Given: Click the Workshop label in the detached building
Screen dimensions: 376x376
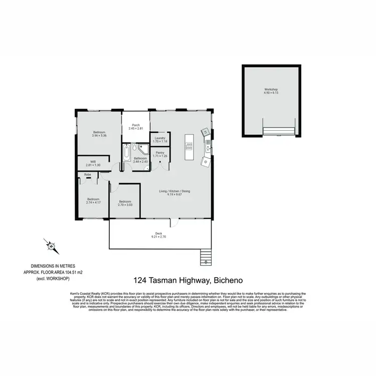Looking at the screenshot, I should tap(271, 90).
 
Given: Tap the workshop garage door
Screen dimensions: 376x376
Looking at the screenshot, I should tap(279, 131).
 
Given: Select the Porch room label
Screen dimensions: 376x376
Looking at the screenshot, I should tap(135, 125).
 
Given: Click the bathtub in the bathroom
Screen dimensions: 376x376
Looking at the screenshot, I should tap(126, 152).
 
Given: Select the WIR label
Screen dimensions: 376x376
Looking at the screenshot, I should tap(93, 161).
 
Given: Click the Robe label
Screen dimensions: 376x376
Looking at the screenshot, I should tap(87, 174).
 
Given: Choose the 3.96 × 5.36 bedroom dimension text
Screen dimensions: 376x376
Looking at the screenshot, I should tap(99, 135).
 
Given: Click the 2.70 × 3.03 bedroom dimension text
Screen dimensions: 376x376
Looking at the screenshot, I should tap(125, 205).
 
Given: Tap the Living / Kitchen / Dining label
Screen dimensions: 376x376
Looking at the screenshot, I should tap(174, 191).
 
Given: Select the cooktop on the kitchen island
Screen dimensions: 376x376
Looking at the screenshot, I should tap(189, 146).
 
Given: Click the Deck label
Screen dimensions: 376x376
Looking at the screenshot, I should tap(158, 233).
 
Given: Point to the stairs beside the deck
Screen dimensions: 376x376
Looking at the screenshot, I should tap(205, 257).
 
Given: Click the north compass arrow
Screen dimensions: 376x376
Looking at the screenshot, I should tap(51, 246).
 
